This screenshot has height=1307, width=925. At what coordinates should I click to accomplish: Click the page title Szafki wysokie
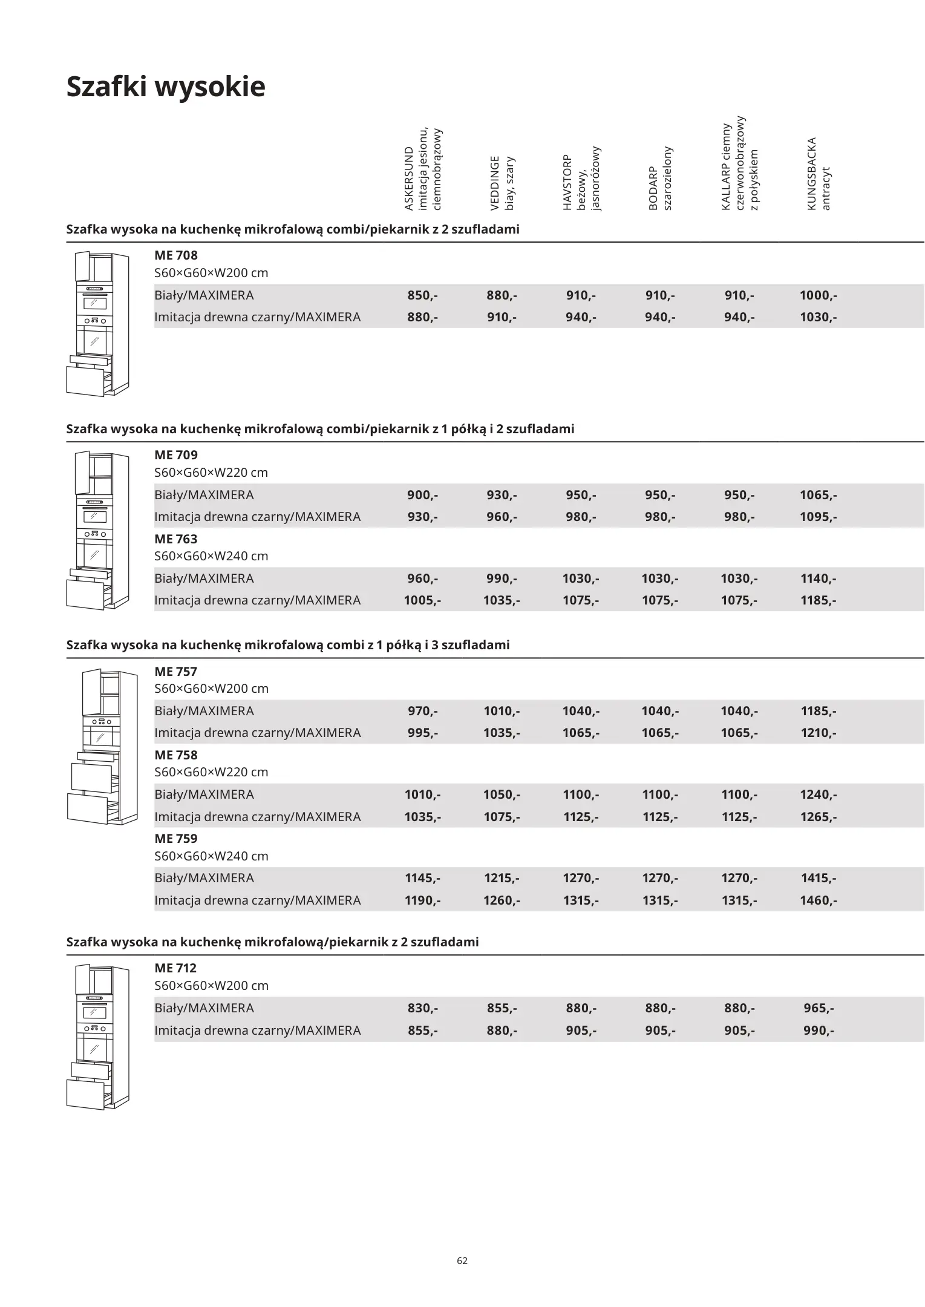click(166, 87)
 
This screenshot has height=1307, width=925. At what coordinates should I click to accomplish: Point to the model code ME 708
click(176, 255)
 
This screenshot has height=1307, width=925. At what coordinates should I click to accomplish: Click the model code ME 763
click(176, 539)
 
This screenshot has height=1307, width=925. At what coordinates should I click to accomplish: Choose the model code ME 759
click(176, 839)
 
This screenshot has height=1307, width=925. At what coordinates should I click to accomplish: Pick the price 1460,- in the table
click(818, 900)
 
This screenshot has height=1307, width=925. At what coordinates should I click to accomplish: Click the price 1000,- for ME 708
click(818, 296)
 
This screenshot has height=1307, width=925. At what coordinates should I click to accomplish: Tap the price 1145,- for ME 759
click(422, 878)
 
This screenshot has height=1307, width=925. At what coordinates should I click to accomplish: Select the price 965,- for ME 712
click(819, 1008)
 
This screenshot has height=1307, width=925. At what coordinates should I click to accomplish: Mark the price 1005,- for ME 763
click(422, 601)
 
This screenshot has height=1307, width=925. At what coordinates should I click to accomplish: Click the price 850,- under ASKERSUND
click(422, 296)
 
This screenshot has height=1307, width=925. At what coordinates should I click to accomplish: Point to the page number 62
click(462, 1261)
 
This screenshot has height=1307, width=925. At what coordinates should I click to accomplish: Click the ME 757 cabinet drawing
click(102, 747)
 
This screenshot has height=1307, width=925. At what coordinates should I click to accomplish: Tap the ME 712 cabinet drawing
click(97, 1037)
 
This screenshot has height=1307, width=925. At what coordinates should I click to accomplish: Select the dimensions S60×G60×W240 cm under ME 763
click(211, 556)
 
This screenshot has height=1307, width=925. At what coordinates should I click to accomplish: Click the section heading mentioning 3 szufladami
click(288, 645)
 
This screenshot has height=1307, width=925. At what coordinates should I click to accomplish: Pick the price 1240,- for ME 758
click(818, 794)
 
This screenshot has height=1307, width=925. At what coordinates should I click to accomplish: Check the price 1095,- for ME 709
click(818, 517)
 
